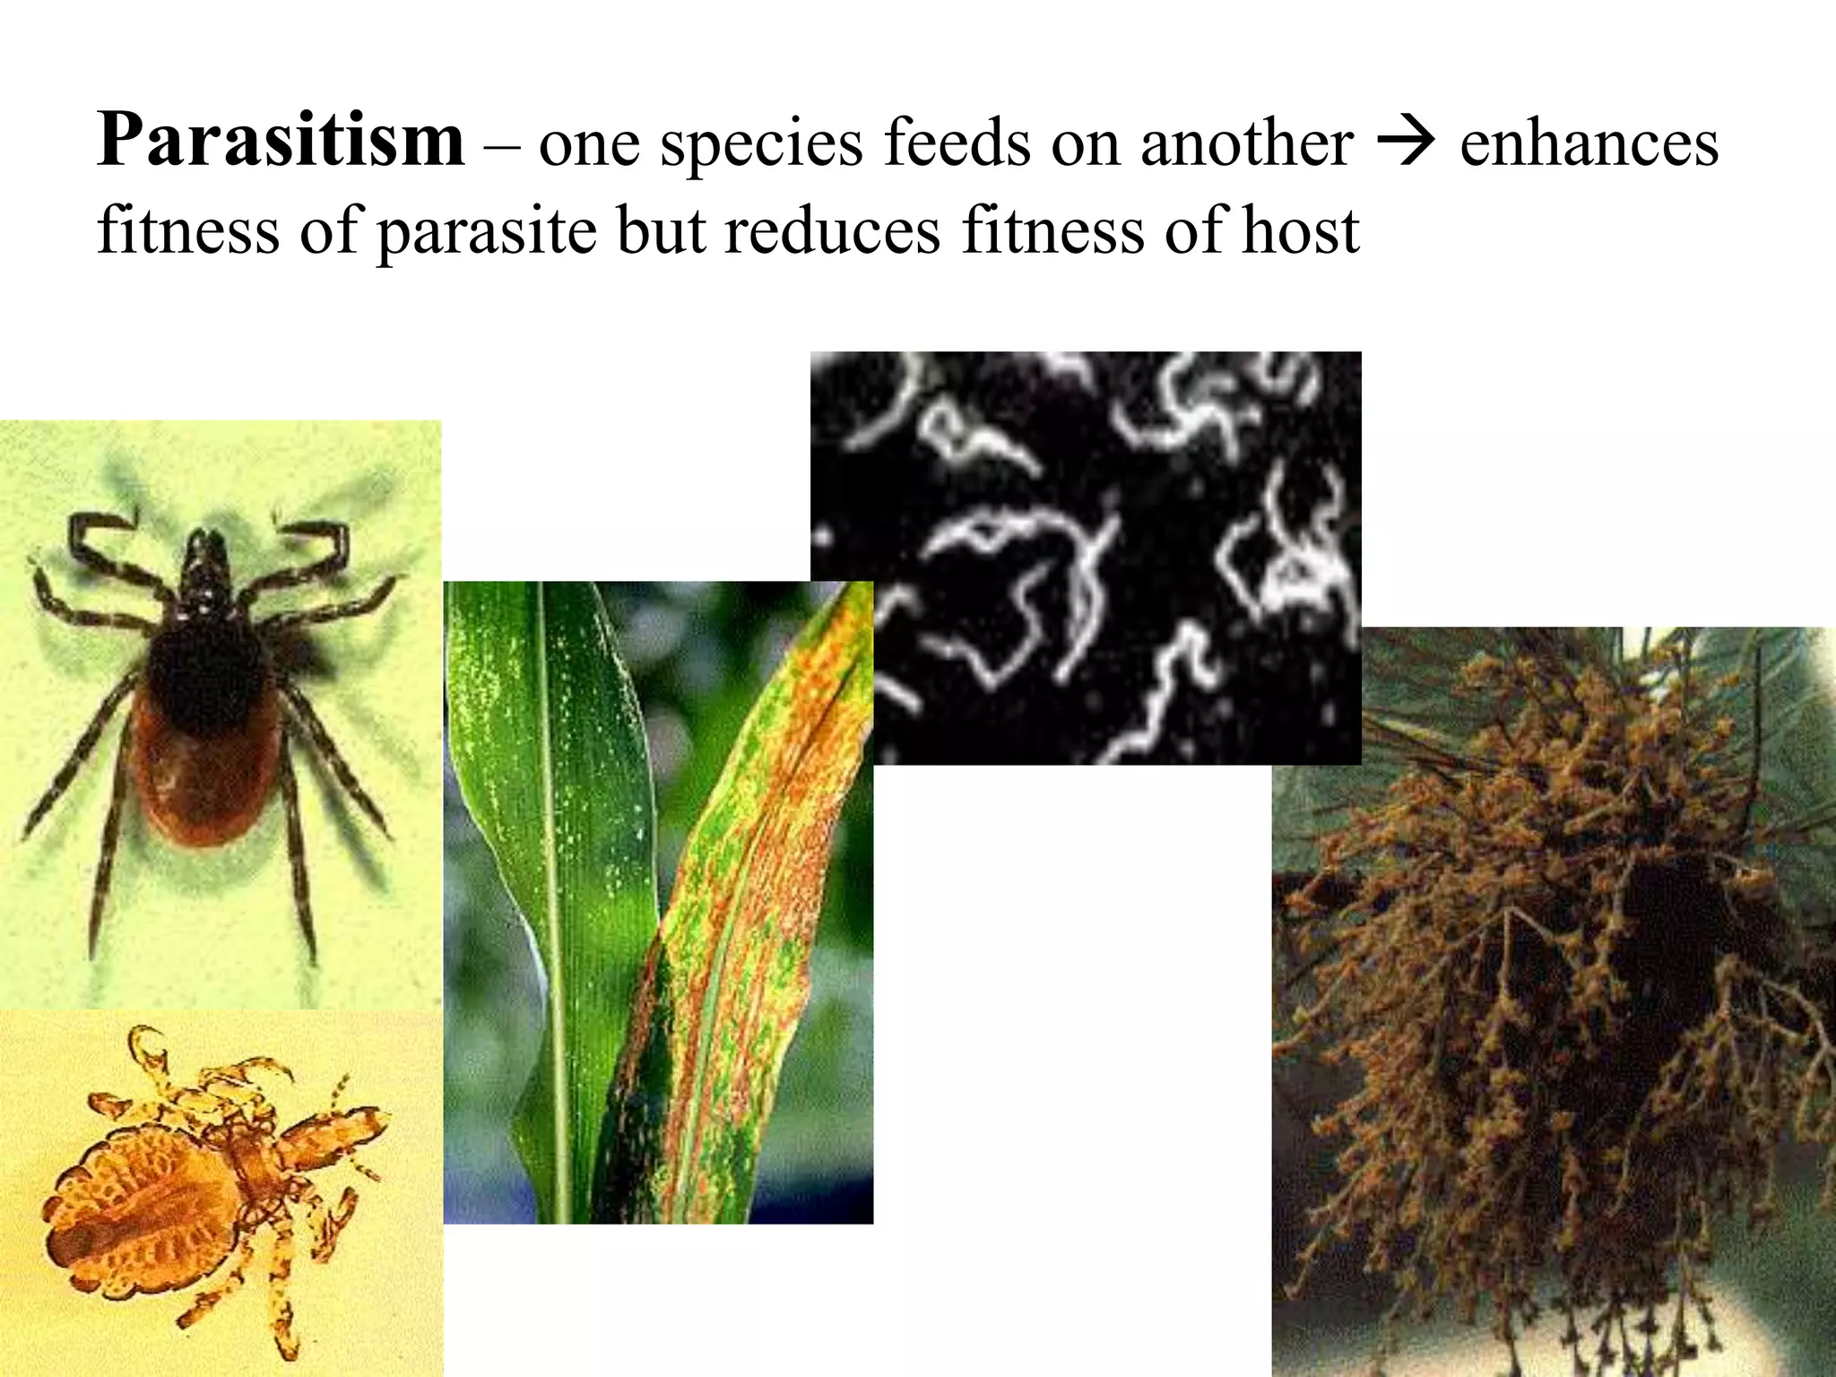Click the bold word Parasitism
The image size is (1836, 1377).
281,140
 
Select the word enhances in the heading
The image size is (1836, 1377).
1589,143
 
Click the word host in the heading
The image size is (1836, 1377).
1300,230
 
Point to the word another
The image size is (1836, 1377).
1246,143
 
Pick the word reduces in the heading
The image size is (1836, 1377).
832,230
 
